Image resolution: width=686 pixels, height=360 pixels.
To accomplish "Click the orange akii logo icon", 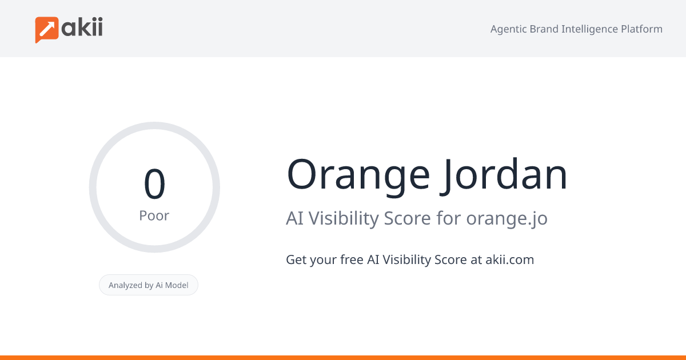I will pos(47,29).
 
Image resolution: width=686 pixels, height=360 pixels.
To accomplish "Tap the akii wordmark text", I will pos(82,28).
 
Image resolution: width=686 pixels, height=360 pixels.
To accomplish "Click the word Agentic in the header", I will pos(509,29).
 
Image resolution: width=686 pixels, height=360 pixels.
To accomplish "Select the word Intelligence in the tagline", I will pos(590,29).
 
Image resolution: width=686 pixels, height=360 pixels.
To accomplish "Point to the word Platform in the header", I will pos(641,29).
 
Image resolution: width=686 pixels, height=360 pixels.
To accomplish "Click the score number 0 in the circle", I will pos(154,185).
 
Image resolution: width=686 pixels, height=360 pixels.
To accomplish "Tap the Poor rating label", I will pos(154,216).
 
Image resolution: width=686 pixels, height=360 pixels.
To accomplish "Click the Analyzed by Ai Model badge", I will pos(149,285).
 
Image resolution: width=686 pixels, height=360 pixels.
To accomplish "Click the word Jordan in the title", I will pos(504,174).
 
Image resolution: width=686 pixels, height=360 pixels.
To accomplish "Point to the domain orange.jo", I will pos(506,219).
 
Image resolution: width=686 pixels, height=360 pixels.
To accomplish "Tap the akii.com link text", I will pos(509,260).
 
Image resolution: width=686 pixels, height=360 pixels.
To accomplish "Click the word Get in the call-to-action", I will pos(296,260).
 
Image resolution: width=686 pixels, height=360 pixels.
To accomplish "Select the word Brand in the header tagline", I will pos(545,29).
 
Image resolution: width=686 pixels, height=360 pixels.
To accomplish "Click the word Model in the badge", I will pos(176,285).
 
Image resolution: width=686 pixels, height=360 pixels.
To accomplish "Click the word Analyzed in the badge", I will pos(125,285).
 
